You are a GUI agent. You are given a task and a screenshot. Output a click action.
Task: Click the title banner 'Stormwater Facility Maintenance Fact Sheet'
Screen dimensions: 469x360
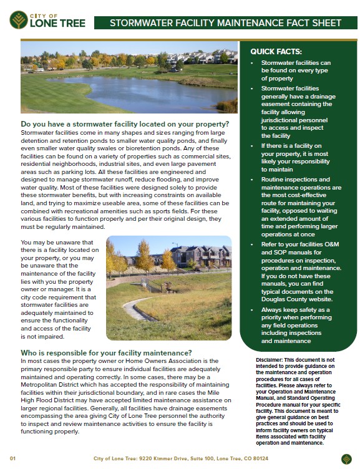click(x=225, y=23)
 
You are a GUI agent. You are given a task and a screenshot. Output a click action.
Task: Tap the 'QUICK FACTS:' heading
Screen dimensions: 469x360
click(x=276, y=52)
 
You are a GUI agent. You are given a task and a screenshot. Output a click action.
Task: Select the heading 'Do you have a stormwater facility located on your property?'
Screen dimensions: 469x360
click(x=125, y=124)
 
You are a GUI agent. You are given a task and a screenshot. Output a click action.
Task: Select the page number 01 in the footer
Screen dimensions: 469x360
click(x=12, y=458)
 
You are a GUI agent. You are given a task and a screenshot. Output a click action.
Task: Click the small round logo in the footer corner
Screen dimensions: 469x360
click(x=346, y=458)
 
